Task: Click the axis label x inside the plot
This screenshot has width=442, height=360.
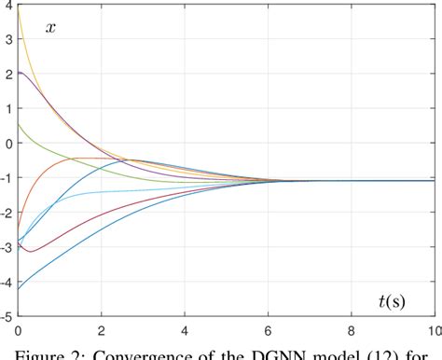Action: point(51,27)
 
